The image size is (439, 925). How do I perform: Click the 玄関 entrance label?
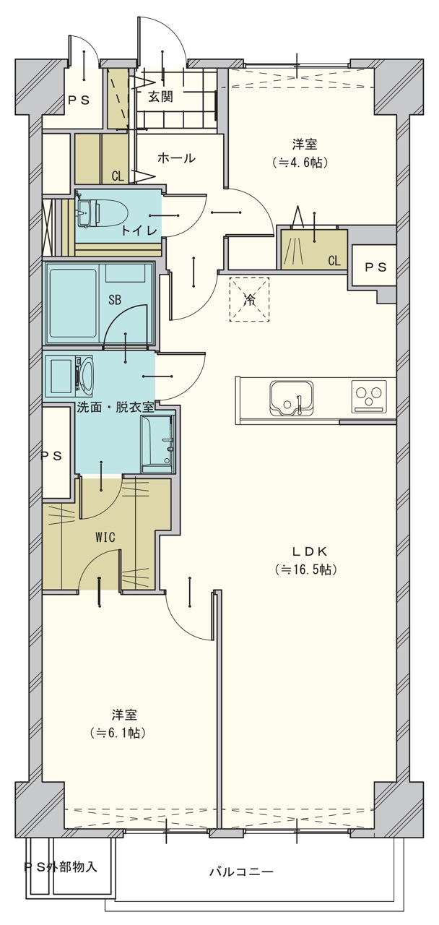tap(160, 97)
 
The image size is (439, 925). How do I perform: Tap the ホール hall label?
tap(176, 158)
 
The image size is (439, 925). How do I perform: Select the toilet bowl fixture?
tap(103, 212)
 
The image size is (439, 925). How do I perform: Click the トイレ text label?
tap(139, 231)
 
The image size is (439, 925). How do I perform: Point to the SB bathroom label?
tap(115, 300)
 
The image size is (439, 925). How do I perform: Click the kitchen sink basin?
tap(291, 398)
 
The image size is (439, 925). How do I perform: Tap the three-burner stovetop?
tap(370, 397)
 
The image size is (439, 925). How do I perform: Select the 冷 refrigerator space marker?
tap(249, 299)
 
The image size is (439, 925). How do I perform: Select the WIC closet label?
tap(105, 537)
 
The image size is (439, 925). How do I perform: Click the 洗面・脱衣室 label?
tap(116, 408)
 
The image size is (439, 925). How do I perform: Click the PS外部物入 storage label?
tap(61, 855)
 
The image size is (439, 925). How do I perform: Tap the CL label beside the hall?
tap(118, 177)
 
